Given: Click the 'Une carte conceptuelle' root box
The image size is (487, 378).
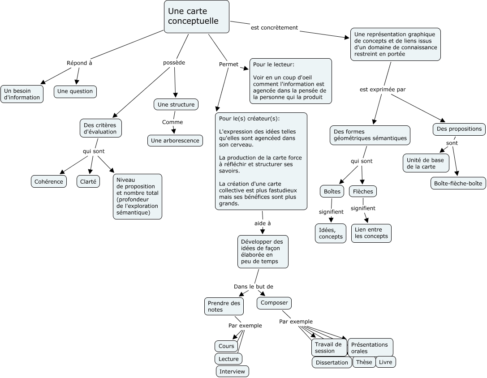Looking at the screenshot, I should tap(197, 17).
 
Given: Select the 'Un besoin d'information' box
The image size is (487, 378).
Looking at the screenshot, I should tap(22, 94).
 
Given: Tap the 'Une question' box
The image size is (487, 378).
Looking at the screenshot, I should tap(75, 91).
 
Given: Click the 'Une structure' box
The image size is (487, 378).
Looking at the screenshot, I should tap(176, 105).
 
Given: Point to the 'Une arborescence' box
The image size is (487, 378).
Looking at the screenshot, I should tap(175, 141).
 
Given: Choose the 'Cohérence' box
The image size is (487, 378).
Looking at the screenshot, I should tap(49, 181).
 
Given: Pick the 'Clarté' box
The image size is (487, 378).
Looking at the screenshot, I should tap(88, 181).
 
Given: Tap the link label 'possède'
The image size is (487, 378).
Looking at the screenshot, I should tap(174, 63).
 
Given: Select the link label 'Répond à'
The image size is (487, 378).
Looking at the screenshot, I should tap(79, 63).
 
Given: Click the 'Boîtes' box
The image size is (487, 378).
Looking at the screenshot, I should tap(332, 192).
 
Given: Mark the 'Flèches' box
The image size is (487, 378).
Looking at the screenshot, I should tap(363, 192).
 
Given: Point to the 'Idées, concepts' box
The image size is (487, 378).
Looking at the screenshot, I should tap(331, 233).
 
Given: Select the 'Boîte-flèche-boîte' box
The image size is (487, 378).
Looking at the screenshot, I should tap(458, 183).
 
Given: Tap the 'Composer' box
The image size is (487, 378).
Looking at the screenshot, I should tap(274, 303).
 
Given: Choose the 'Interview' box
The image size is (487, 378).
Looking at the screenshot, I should tap(232, 371).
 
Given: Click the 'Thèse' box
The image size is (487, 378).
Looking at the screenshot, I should tap(364, 362).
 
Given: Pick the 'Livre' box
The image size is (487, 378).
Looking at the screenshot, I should tap(385, 362).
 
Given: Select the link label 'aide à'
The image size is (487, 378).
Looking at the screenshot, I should tap(263, 223).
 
